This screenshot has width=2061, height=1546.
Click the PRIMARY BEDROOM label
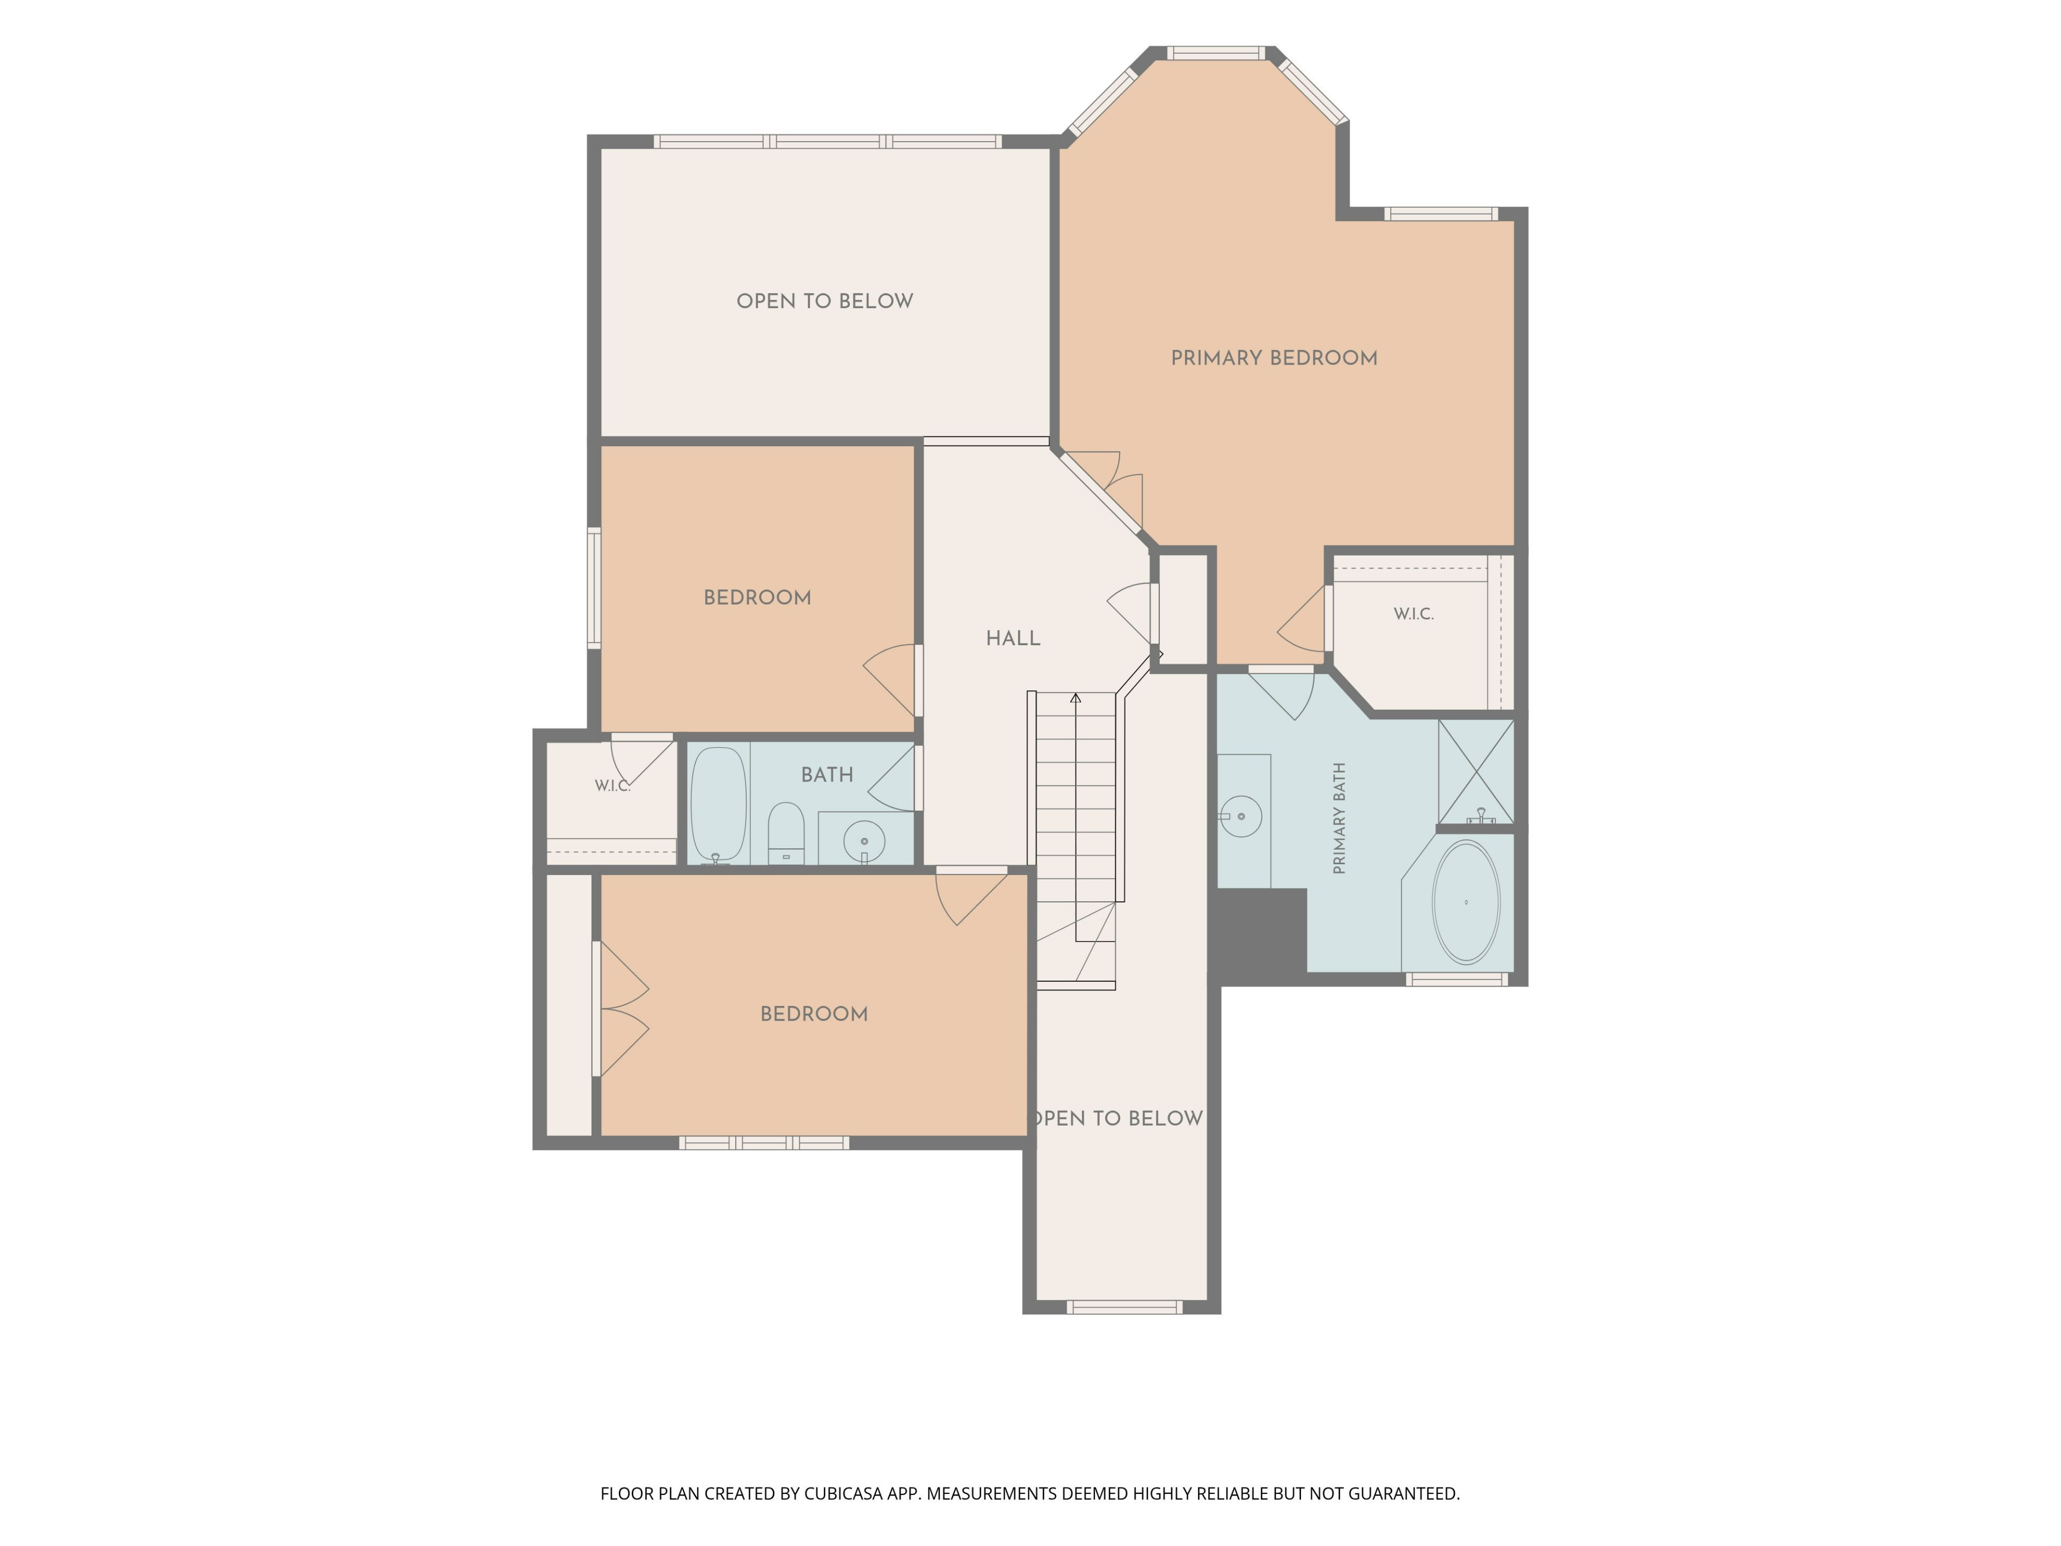point(1274,358)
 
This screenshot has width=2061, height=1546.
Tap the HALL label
point(1013,638)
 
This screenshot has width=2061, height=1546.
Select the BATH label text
point(827,775)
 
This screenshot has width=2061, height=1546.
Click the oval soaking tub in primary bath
point(1466,902)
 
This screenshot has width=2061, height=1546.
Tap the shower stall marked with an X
point(1476,771)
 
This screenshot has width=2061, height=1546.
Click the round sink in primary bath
point(1240,816)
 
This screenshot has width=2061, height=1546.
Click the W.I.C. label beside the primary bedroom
point(1413,614)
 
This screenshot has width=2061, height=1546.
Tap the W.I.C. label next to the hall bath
point(612,785)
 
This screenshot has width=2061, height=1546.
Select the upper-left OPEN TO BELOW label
point(824,301)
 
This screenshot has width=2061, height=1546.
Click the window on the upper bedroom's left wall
point(594,587)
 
